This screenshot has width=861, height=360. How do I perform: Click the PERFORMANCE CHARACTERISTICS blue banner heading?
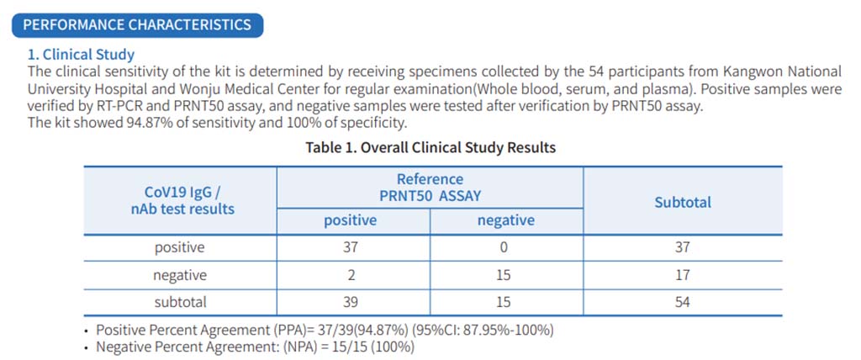(x=137, y=24)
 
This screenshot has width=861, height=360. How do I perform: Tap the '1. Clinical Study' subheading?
(x=81, y=55)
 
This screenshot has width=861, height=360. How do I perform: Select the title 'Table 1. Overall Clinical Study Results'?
(x=430, y=148)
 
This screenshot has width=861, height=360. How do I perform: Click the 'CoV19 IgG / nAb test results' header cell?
(x=179, y=201)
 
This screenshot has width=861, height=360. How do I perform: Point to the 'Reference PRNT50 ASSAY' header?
(x=430, y=187)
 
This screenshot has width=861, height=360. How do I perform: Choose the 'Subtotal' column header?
(x=682, y=202)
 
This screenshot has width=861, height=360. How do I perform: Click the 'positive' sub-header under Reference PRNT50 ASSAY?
(x=351, y=221)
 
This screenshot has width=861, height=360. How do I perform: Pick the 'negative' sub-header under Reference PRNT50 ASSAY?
(x=505, y=221)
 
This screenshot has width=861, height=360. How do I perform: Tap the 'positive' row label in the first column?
(x=179, y=247)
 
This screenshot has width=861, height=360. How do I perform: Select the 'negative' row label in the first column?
(x=179, y=275)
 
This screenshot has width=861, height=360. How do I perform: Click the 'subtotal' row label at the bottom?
(x=179, y=302)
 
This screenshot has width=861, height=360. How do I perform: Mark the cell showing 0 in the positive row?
(x=505, y=247)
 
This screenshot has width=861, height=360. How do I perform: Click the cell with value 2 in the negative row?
(x=351, y=275)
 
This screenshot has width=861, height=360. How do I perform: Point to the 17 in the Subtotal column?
(x=682, y=275)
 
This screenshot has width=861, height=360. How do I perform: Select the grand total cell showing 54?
(x=682, y=302)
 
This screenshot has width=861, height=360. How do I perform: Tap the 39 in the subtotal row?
(x=351, y=302)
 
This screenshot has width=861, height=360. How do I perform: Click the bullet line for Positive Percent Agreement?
(x=324, y=330)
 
